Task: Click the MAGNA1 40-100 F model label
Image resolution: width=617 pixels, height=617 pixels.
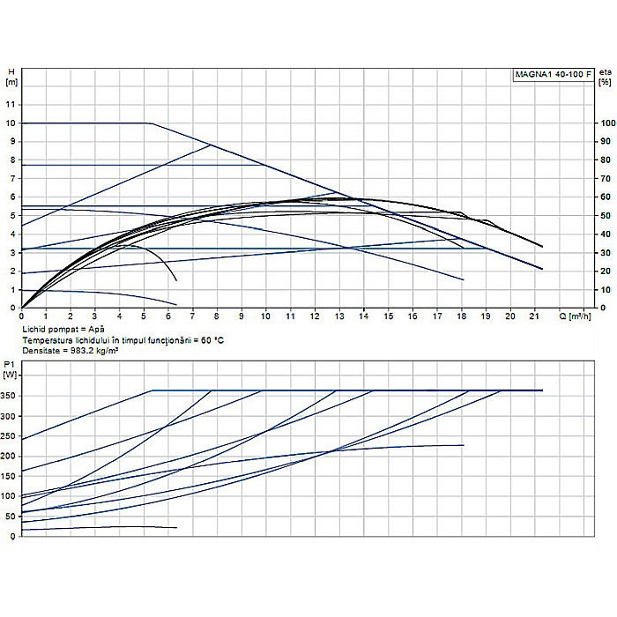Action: coord(553,75)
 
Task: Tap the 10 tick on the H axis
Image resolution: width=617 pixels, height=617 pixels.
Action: coord(11,123)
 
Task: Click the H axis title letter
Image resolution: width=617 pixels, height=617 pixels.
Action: coord(11,71)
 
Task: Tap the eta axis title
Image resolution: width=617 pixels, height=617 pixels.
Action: coord(605,71)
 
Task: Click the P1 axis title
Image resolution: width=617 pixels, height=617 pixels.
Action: coord(10,363)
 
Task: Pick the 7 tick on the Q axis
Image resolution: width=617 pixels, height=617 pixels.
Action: coord(192,316)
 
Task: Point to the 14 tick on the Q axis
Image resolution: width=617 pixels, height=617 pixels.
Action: coord(363,316)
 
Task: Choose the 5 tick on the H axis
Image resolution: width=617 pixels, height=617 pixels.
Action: coord(11,215)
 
